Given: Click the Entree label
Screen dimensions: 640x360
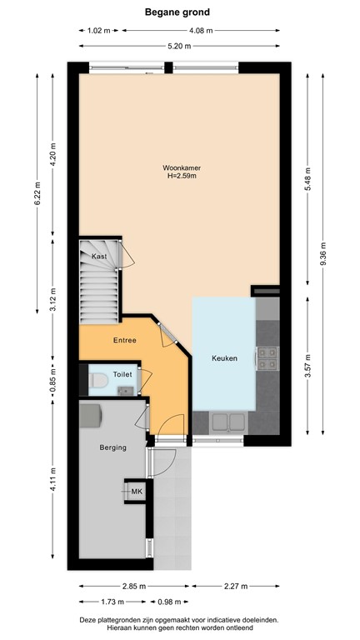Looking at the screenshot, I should coord(126,340).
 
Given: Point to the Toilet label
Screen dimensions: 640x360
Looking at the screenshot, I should coord(122,374).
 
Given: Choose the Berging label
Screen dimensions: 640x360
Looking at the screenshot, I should coord(112,447).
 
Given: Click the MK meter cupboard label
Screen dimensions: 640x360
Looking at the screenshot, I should coord(136,492).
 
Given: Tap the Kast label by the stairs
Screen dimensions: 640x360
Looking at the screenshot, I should coord(101,257).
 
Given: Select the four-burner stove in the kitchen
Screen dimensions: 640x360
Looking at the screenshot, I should coord(268,357).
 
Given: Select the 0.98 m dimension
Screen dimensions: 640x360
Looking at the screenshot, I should coord(171,602).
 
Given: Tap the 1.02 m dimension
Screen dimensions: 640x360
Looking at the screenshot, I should coord(98,31).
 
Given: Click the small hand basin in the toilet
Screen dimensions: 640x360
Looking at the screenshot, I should coord(126,389).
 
